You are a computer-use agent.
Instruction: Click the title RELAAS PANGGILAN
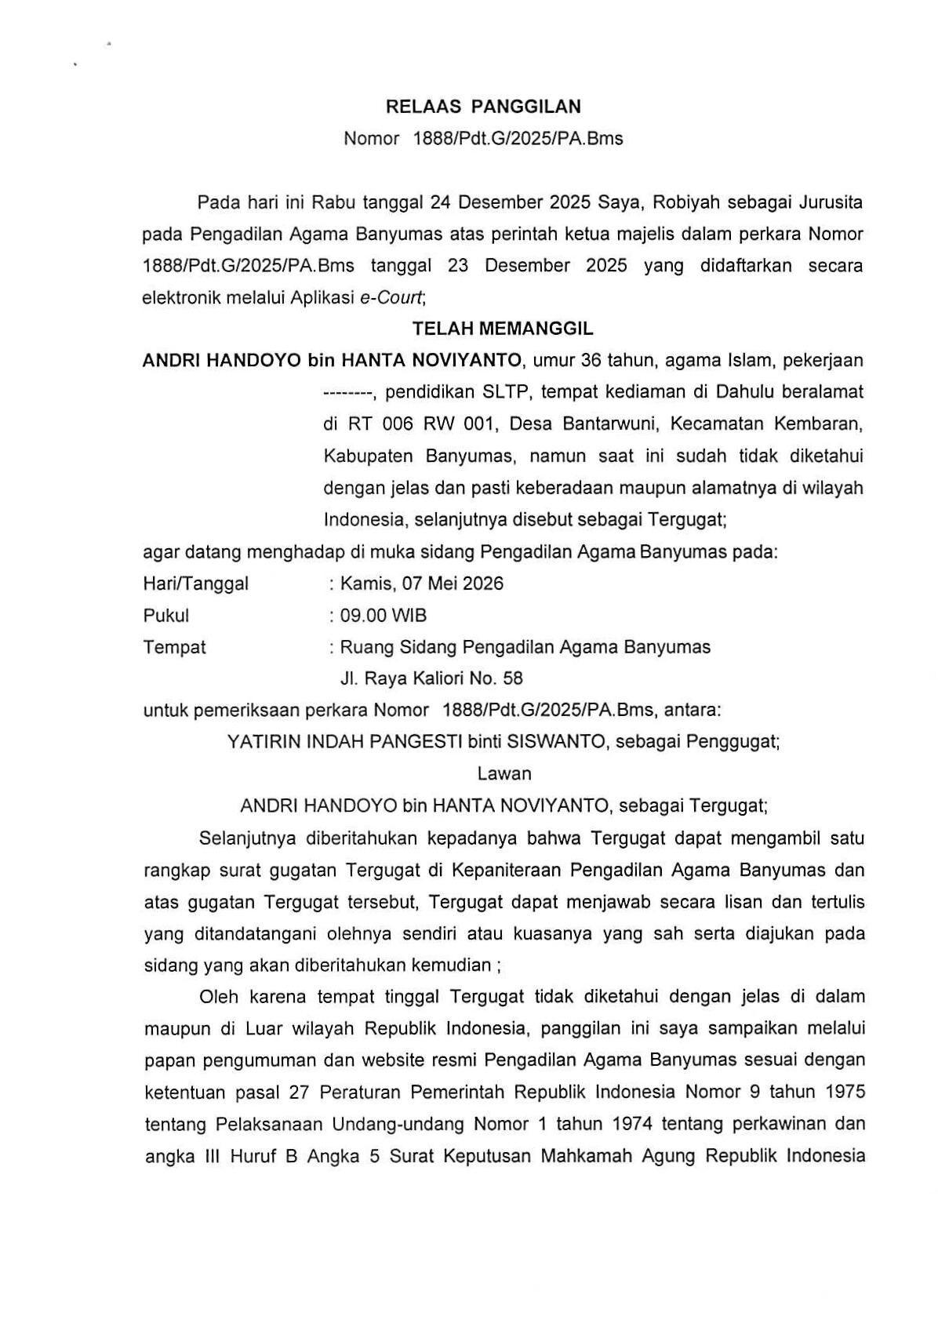coord(483,107)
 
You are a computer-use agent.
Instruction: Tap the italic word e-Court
coord(391,297)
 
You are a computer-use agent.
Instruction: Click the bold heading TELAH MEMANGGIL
coord(503,329)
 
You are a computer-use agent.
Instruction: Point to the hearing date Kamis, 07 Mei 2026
coord(421,584)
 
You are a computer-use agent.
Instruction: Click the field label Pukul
coord(166,616)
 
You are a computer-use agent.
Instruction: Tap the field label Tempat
coord(174,647)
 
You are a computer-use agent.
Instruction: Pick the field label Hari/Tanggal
coord(195,584)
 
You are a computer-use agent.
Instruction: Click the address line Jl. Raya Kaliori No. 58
coord(431,678)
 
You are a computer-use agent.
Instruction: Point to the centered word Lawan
coord(504,773)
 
